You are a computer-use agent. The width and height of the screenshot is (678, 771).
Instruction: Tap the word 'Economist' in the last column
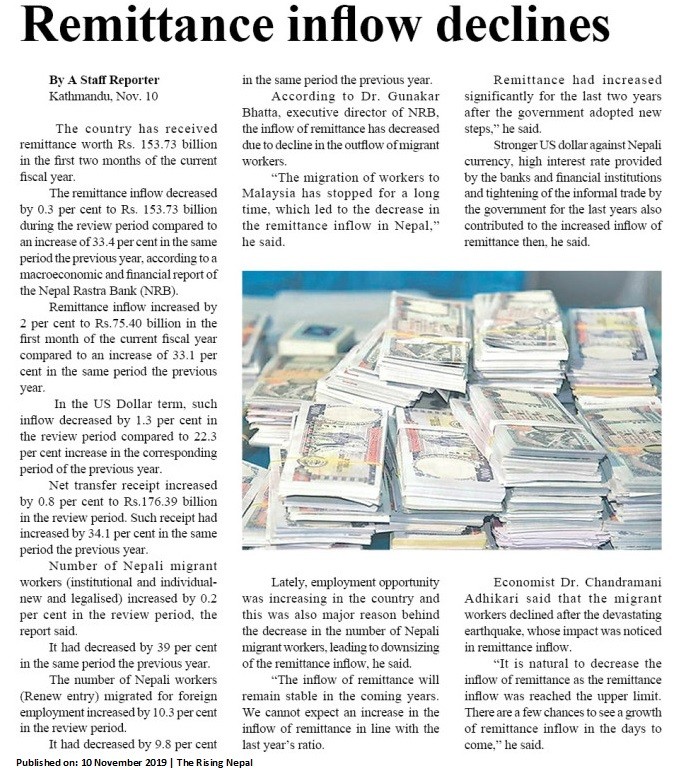(527, 581)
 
